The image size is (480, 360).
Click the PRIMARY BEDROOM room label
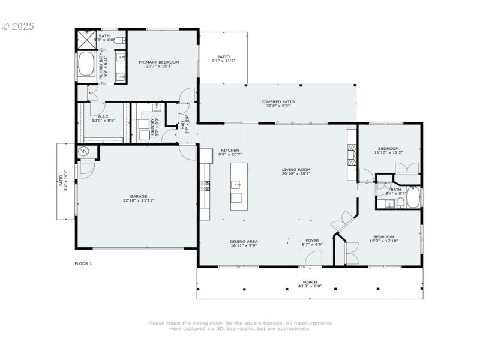pyautogui.click(x=159, y=62)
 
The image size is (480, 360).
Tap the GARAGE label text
pyautogui.click(x=139, y=196)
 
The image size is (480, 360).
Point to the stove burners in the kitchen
pyautogui.click(x=207, y=185)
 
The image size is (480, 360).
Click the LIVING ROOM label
pyautogui.click(x=296, y=170)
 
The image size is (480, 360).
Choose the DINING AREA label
pyautogui.click(x=244, y=242)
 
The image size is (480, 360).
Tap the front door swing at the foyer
pyautogui.click(x=313, y=259)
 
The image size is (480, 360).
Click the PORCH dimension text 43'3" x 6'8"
pyautogui.click(x=310, y=286)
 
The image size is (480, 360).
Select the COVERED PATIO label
pyautogui.click(x=278, y=102)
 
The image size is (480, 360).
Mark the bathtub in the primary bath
pyautogui.click(x=86, y=66)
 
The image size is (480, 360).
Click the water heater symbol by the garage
pyautogui.click(x=84, y=151)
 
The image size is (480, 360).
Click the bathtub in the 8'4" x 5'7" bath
pyautogui.click(x=413, y=198)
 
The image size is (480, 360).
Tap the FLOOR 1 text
pyautogui.click(x=83, y=263)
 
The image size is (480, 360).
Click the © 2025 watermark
pyautogui.click(x=18, y=26)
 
